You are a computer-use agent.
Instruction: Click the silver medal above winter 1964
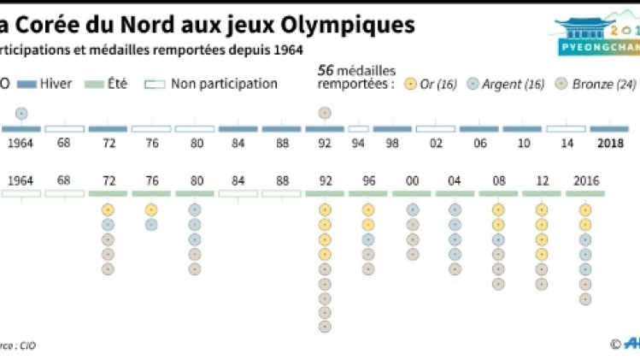21,113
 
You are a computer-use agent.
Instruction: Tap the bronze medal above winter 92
324,113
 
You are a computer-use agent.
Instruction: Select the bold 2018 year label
611,143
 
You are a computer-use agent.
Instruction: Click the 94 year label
358,143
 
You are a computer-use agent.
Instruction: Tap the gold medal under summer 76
151,210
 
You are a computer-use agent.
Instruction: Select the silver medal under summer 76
151,225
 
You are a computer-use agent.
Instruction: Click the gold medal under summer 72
108,210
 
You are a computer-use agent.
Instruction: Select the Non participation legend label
224,84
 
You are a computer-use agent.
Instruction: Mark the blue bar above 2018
609,129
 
